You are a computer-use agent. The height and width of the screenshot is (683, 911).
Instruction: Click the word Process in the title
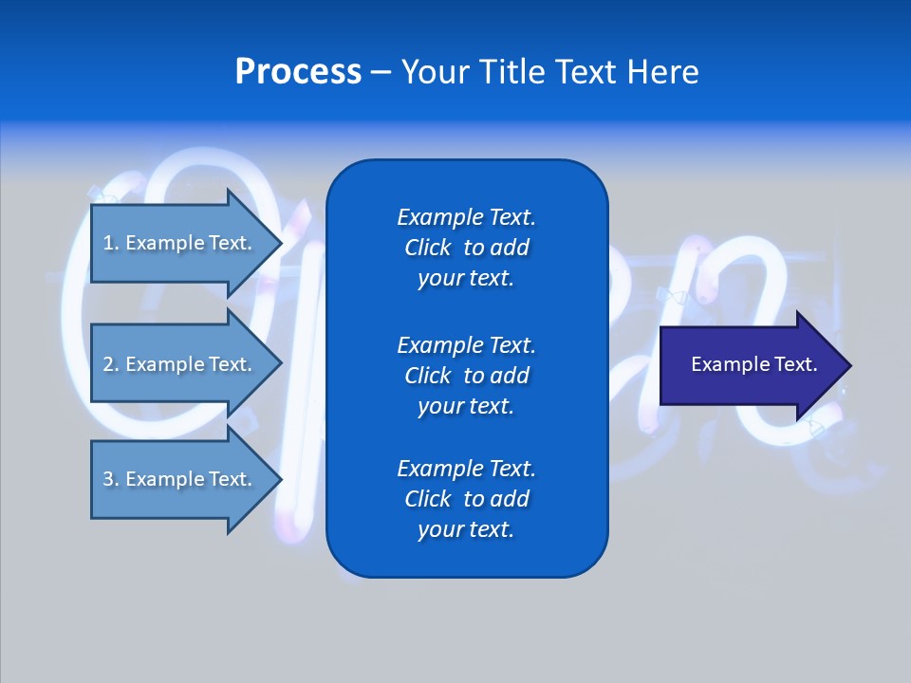coord(298,72)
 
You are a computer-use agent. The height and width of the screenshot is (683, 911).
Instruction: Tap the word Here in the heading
coord(662,72)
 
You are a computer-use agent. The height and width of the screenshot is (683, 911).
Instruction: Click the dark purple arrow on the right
coord(750,365)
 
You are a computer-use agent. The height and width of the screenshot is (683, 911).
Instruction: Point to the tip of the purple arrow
coord(849,365)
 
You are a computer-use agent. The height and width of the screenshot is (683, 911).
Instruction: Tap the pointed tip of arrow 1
coord(280,243)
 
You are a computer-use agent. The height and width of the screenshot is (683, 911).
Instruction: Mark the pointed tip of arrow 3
coord(280,479)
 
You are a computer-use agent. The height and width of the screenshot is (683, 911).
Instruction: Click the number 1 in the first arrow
coord(107,243)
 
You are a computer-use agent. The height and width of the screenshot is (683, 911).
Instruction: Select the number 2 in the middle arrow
coord(107,364)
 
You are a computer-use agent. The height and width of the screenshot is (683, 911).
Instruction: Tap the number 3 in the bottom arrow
coord(107,479)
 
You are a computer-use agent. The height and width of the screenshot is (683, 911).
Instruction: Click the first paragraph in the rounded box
coord(466,248)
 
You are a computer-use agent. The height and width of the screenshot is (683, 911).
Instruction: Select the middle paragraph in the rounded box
coord(466,376)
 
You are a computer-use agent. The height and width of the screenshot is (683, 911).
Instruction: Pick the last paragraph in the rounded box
coord(466,499)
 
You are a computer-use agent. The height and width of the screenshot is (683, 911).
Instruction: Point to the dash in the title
coord(381,72)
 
